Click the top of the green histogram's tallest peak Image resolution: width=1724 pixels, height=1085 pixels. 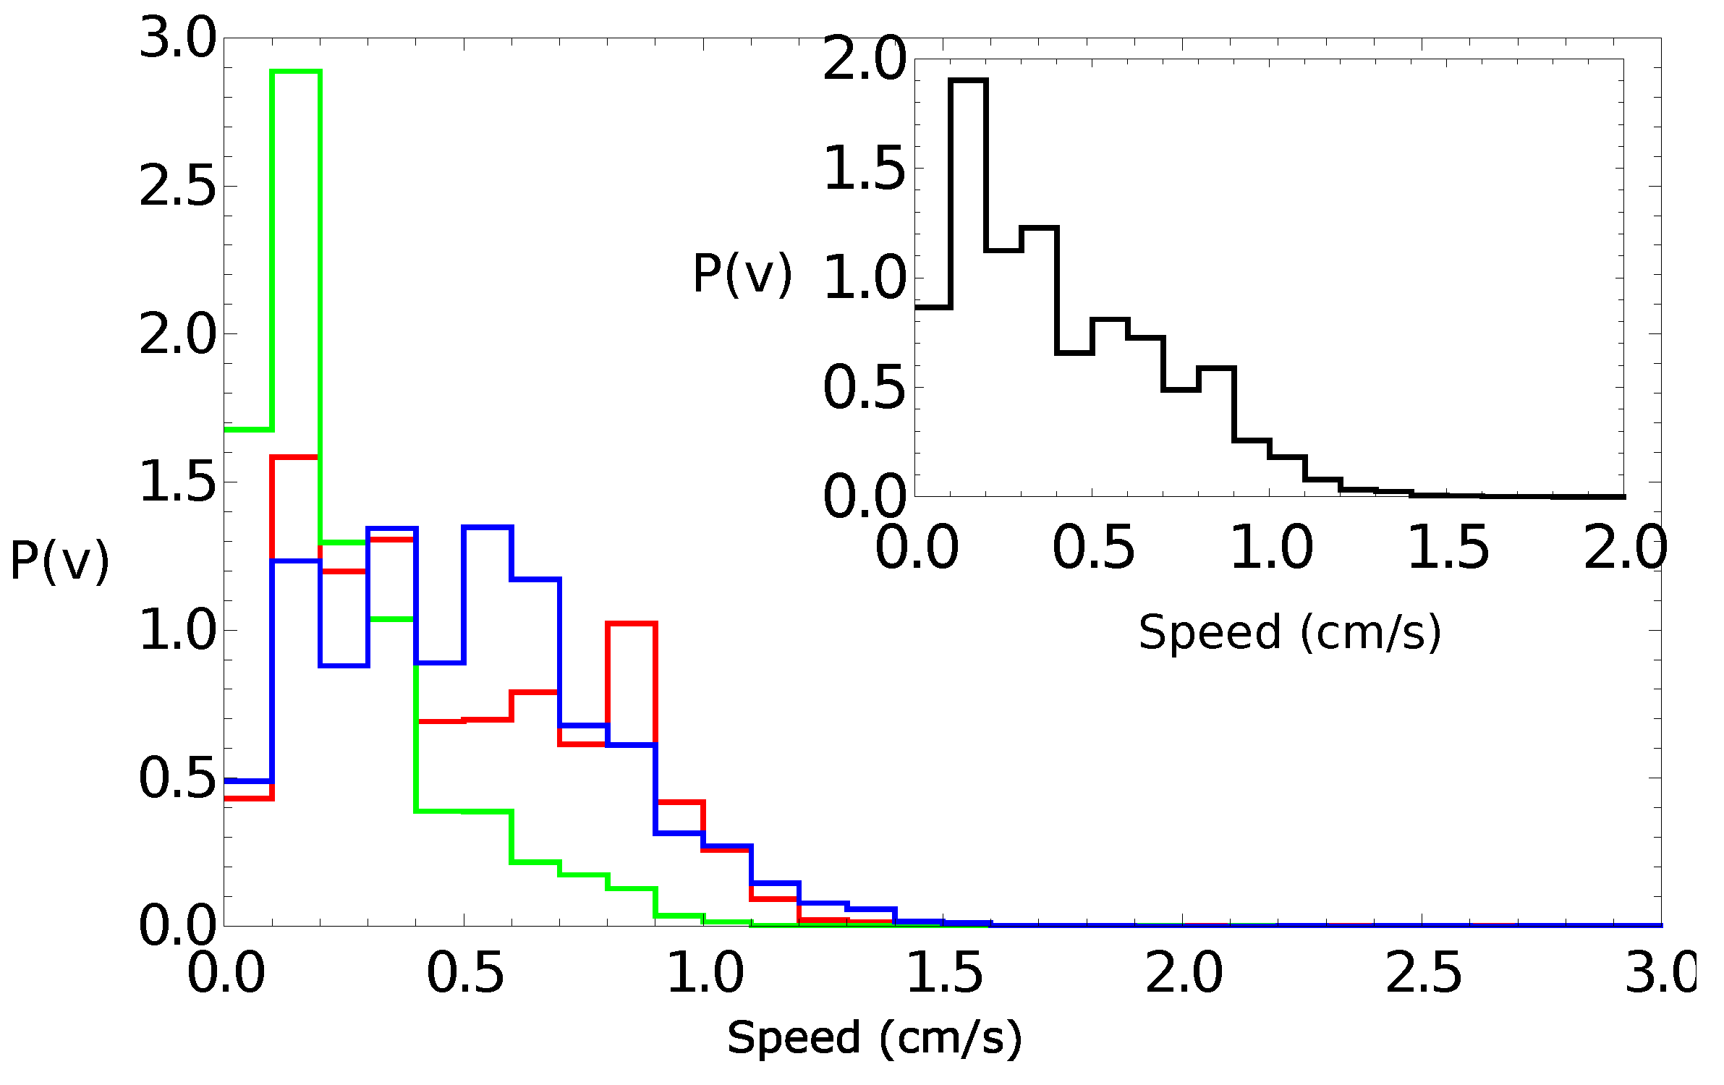pyautogui.click(x=296, y=72)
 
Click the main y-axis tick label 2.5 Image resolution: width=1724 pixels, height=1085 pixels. pyautogui.click(x=177, y=187)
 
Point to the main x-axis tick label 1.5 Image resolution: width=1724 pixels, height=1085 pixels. pyautogui.click(x=943, y=973)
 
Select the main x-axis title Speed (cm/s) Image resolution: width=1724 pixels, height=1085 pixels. pyautogui.click(x=874, y=1039)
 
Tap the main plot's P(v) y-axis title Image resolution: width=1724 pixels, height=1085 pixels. pyautogui.click(x=59, y=561)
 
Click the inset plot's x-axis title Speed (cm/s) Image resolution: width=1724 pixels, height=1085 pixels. pyautogui.click(x=1290, y=633)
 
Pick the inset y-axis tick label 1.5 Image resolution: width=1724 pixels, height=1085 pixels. pyautogui.click(x=864, y=169)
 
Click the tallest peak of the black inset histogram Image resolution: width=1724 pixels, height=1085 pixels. pyautogui.click(x=968, y=81)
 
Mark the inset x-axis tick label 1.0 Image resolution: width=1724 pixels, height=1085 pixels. pyautogui.click(x=1271, y=548)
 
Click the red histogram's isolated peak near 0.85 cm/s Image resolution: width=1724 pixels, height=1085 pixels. pyautogui.click(x=632, y=623)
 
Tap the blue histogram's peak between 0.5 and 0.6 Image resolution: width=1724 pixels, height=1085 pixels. pyautogui.click(x=488, y=527)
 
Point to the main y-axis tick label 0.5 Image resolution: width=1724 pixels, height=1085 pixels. pyautogui.click(x=177, y=779)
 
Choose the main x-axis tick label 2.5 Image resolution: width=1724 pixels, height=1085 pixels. pyautogui.click(x=1423, y=973)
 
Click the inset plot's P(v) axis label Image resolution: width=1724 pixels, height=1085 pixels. pyautogui.click(x=742, y=274)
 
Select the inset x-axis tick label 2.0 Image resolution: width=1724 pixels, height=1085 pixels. pyautogui.click(x=1625, y=548)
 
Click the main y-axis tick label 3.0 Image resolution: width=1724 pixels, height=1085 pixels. pyautogui.click(x=177, y=38)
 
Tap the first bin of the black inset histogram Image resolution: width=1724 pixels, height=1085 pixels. pyautogui.click(x=933, y=307)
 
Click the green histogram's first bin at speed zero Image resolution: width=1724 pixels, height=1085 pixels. pyautogui.click(x=248, y=430)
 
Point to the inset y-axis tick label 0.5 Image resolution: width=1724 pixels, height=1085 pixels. pyautogui.click(x=864, y=388)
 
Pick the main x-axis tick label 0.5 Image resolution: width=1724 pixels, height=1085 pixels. pyautogui.click(x=464, y=973)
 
